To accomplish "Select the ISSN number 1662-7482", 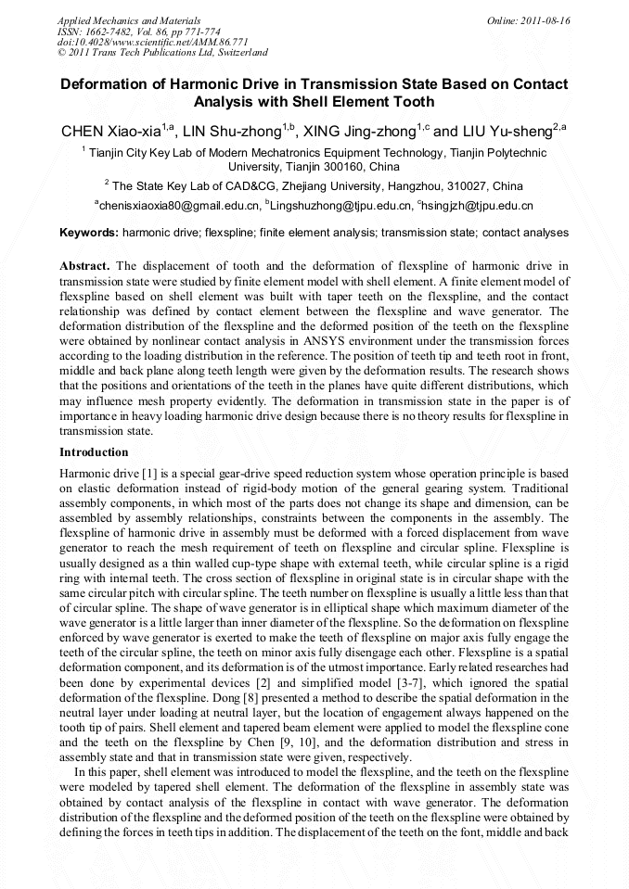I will [112, 31].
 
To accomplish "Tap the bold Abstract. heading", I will [85, 266].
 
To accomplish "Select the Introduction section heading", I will [94, 452].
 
